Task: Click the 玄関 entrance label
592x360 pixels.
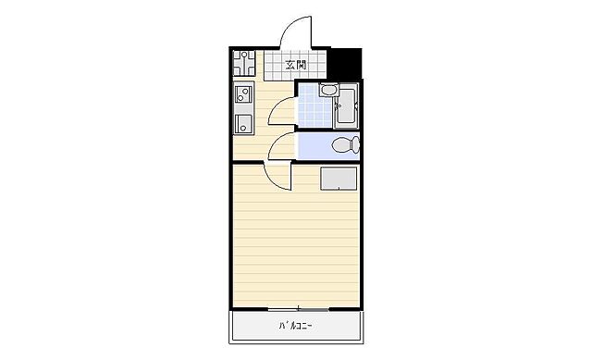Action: click(296, 65)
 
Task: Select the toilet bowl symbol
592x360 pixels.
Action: click(340, 145)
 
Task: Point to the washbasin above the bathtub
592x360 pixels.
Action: click(329, 91)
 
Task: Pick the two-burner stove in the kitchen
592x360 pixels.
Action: click(244, 93)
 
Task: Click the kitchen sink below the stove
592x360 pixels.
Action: click(244, 123)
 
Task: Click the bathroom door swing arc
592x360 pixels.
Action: click(282, 106)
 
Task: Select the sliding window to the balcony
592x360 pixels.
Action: click(297, 307)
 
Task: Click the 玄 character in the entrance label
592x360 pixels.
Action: click(290, 65)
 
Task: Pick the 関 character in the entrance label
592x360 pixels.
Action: click(302, 65)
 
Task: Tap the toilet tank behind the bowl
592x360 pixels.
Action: click(355, 145)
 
